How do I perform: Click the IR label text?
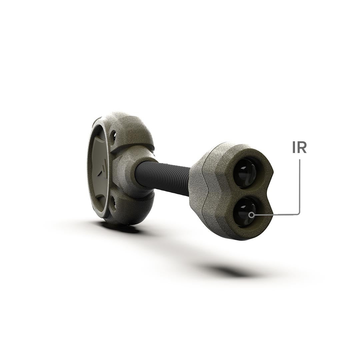(x=299, y=148)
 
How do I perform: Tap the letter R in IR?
(x=302, y=148)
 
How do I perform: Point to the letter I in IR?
(x=294, y=148)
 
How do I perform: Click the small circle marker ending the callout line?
(x=252, y=215)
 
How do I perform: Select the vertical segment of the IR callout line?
(x=300, y=186)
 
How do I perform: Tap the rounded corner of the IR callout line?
(x=298, y=214)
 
